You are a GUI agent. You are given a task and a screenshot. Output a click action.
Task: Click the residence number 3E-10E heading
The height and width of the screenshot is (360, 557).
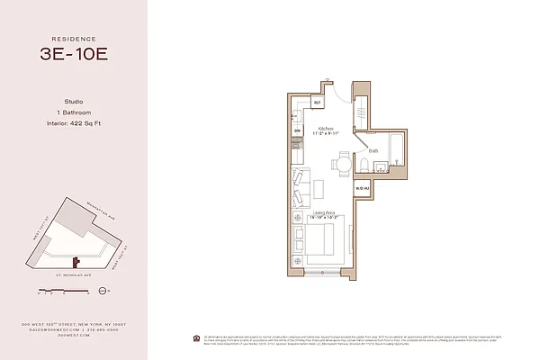[x=74, y=53]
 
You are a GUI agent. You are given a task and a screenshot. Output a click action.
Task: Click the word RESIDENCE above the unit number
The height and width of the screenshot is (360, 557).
[x=74, y=39]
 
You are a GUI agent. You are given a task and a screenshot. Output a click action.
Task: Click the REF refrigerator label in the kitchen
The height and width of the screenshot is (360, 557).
[x=318, y=103]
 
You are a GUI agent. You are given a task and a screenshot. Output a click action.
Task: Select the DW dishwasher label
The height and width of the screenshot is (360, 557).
[x=297, y=131]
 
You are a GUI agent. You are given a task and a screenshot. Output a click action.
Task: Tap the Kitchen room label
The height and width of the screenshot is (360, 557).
[x=324, y=129]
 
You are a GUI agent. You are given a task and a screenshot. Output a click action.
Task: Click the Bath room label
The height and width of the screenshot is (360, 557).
[x=373, y=151]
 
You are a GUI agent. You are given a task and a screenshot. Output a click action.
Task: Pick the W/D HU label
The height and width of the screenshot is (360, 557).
[x=361, y=187]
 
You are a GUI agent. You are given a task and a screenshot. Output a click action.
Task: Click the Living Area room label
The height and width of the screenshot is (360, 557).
[x=324, y=212]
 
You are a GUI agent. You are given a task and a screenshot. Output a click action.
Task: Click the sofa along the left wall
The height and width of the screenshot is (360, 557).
[x=300, y=187]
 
